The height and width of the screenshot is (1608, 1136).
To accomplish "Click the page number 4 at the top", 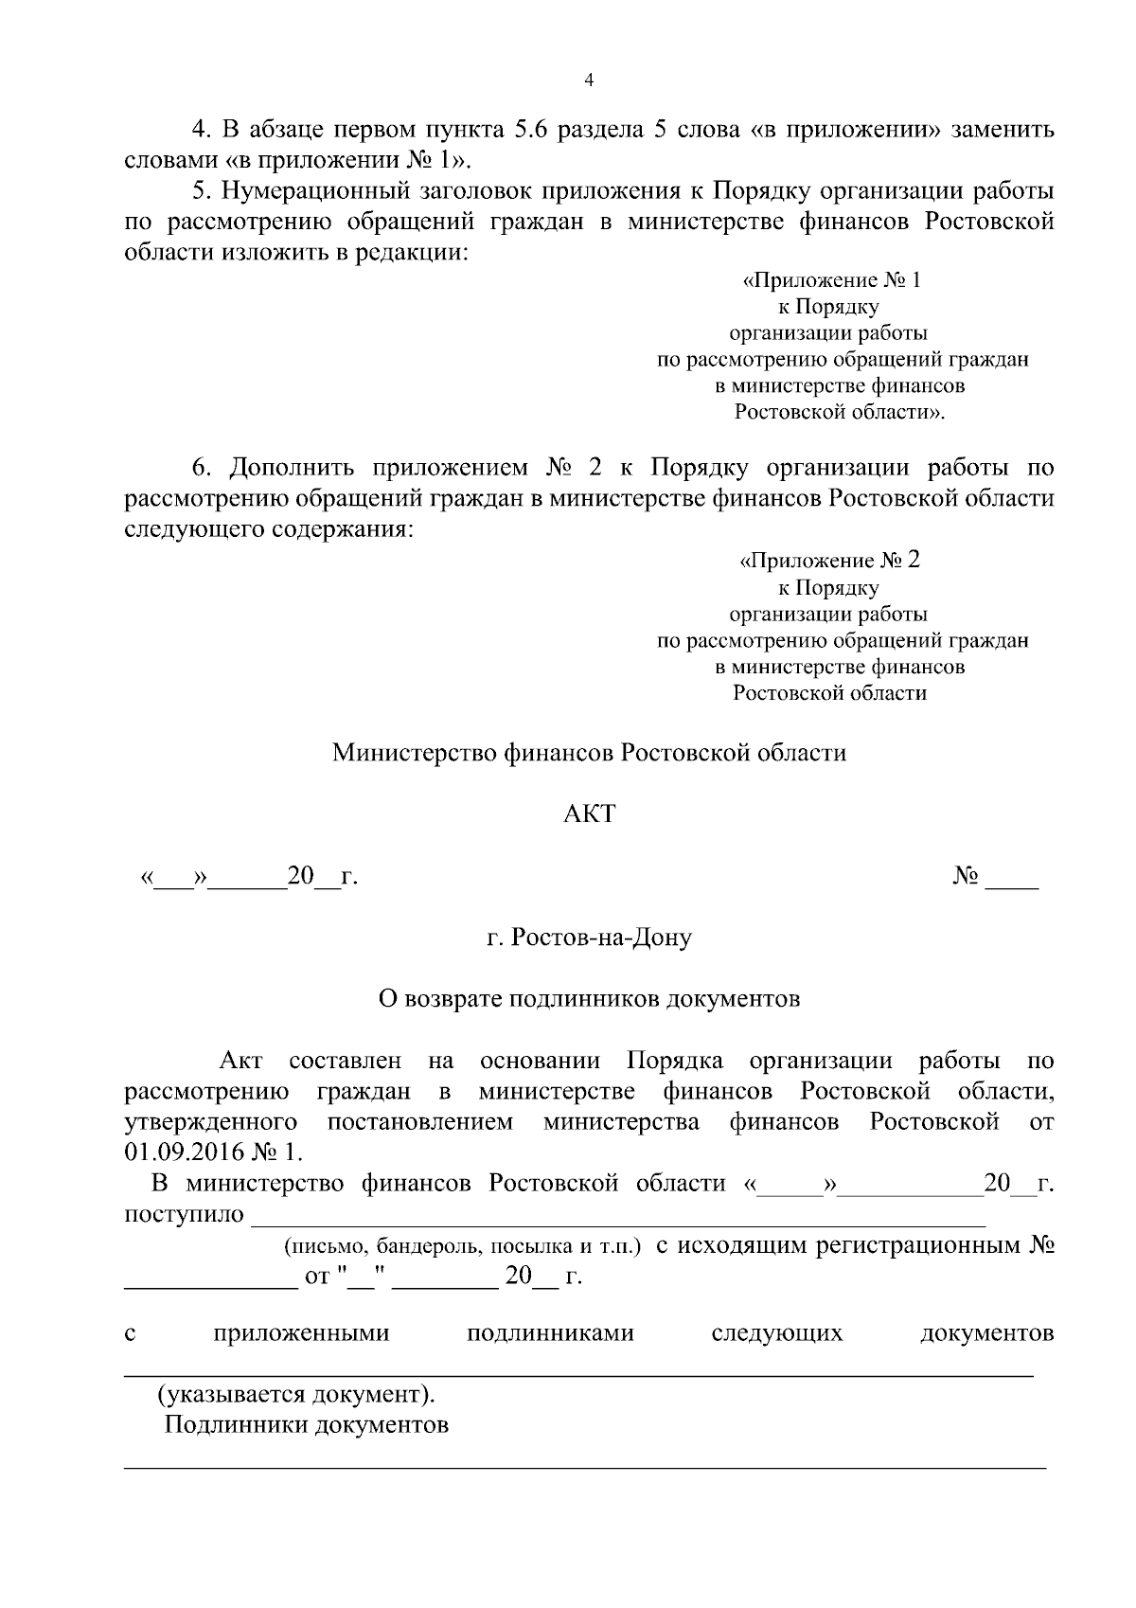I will (589, 81).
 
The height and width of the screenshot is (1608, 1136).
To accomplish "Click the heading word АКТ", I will (589, 813).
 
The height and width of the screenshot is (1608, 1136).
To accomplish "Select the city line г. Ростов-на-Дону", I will (589, 938).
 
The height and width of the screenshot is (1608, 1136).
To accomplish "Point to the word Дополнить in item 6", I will (293, 468).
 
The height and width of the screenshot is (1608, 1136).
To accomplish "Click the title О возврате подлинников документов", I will (589, 998).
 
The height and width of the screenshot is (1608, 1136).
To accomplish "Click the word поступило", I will (185, 1214).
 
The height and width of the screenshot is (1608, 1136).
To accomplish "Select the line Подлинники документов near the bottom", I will (307, 1425).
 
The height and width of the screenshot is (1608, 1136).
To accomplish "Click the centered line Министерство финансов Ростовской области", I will (589, 753).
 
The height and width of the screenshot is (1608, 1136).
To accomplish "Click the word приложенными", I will (301, 1333).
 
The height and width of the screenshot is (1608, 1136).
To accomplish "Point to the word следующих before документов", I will (776, 1333).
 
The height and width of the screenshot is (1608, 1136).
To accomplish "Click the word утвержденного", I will (211, 1122).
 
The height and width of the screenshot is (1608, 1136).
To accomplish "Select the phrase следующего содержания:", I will (269, 528).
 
